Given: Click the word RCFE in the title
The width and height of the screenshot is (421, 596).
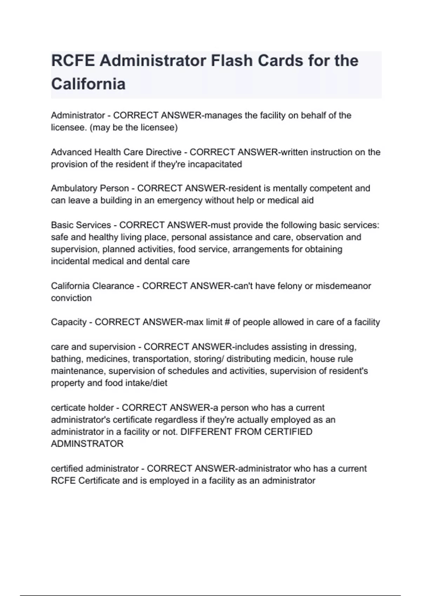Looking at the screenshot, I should pyautogui.click(x=73, y=61).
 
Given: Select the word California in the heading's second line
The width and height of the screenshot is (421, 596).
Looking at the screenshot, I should pyautogui.click(x=88, y=84).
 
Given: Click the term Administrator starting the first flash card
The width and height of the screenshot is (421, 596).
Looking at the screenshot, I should pyautogui.click(x=78, y=115).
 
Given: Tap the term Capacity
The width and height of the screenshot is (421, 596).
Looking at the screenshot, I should pyautogui.click(x=68, y=322).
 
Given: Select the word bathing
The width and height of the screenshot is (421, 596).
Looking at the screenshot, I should pyautogui.click(x=67, y=359).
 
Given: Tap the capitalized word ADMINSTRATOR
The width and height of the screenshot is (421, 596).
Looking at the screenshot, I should pyautogui.click(x=87, y=444).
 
